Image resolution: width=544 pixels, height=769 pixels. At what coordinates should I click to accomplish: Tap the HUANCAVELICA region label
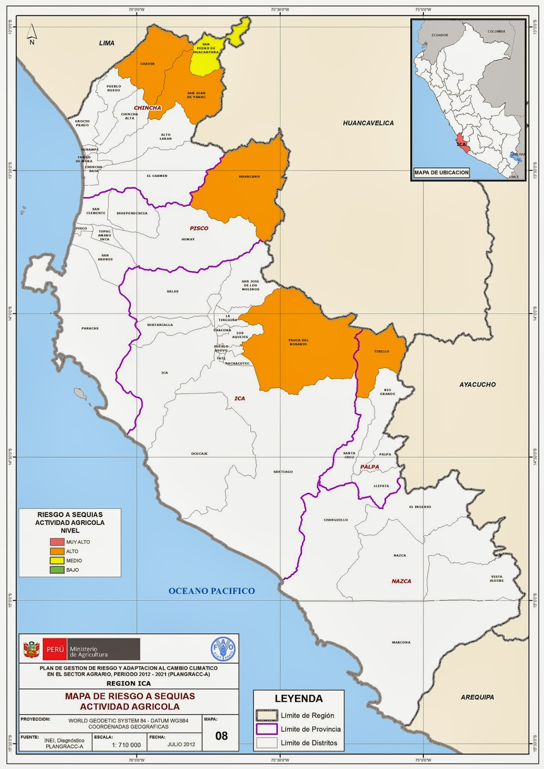tap(368, 123)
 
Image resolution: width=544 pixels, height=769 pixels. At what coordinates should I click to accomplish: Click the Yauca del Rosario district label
tap(298, 342)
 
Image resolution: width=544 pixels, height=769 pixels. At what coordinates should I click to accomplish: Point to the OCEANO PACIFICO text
tap(211, 591)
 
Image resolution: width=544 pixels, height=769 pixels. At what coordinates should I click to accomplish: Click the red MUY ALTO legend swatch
tap(57, 542)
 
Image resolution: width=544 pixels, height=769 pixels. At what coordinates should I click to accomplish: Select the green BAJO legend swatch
tap(57, 570)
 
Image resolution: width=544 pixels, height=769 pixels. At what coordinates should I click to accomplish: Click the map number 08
tap(222, 736)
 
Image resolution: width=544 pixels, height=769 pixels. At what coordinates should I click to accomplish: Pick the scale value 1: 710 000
tap(126, 745)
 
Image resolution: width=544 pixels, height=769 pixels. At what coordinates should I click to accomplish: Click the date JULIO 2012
tap(181, 744)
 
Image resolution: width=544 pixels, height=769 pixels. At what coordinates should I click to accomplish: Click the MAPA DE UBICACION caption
tap(441, 172)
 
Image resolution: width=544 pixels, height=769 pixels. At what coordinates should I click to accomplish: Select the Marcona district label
tap(401, 642)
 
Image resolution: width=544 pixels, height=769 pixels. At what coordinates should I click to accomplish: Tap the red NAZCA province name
tap(401, 581)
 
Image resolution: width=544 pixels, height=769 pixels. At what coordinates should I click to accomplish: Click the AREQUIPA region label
tap(477, 697)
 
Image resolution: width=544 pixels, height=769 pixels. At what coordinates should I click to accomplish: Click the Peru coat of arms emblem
tap(31, 649)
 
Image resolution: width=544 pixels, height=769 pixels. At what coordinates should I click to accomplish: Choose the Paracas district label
tap(90, 328)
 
